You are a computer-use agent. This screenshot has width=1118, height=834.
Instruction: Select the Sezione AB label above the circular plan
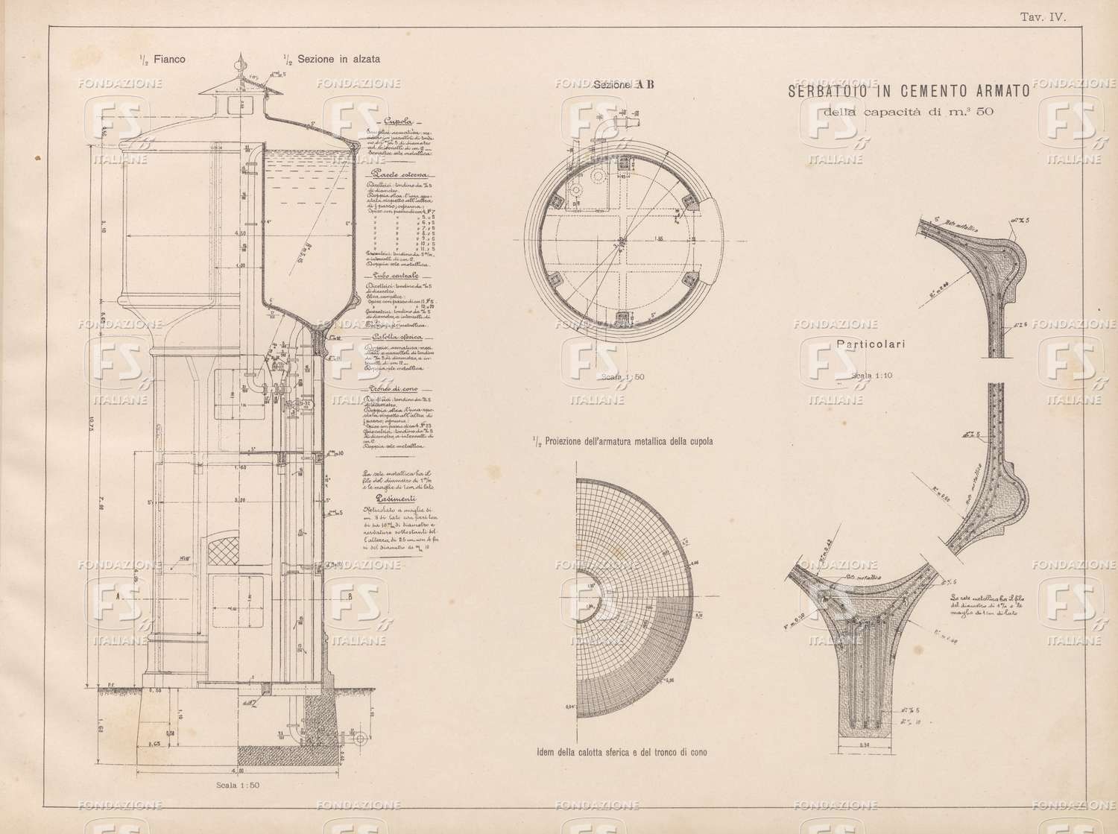623,84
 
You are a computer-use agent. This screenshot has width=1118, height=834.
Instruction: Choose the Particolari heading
870,344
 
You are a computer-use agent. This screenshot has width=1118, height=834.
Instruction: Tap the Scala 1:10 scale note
871,376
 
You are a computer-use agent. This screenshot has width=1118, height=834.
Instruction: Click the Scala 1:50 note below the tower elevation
237,785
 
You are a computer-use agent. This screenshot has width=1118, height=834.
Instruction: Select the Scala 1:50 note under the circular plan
622,377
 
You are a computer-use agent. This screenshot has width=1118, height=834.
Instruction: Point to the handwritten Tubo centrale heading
394,275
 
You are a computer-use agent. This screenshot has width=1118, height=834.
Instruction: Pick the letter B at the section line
350,597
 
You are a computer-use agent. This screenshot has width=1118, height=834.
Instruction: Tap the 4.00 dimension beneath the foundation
237,771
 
